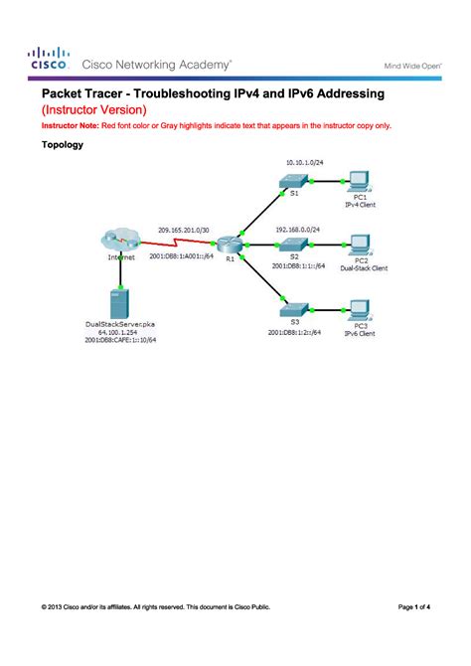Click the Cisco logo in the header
(x=49, y=58)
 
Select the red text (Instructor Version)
(x=93, y=108)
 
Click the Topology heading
(x=62, y=145)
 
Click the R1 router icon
(x=231, y=243)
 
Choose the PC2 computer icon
(x=360, y=244)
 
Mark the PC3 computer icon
(x=360, y=307)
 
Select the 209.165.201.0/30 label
(x=184, y=229)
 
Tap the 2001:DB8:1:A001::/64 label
(x=184, y=255)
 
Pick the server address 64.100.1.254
(x=120, y=332)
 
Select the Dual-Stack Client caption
(x=364, y=268)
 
